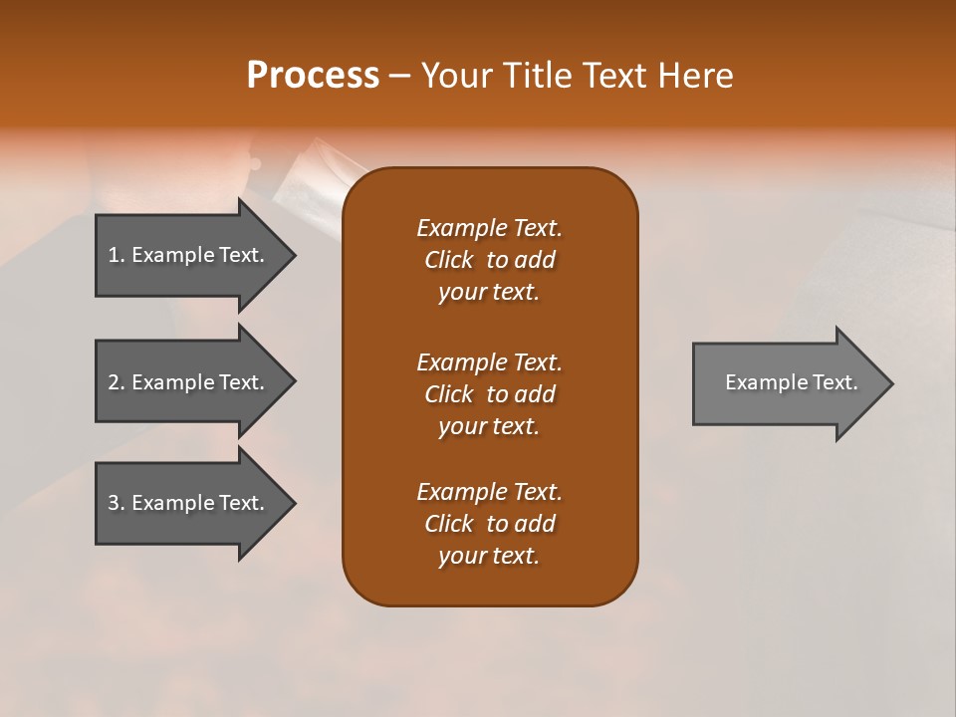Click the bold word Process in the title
coord(313,76)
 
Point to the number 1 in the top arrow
coord(114,255)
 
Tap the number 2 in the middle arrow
coord(114,382)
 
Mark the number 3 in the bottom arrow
coord(114,503)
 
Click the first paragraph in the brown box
coord(489,260)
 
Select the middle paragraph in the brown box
coord(489,394)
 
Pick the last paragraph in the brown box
coord(489,524)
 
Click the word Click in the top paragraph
coord(448,260)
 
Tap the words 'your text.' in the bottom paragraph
coord(489,556)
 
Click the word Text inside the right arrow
coord(835,382)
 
